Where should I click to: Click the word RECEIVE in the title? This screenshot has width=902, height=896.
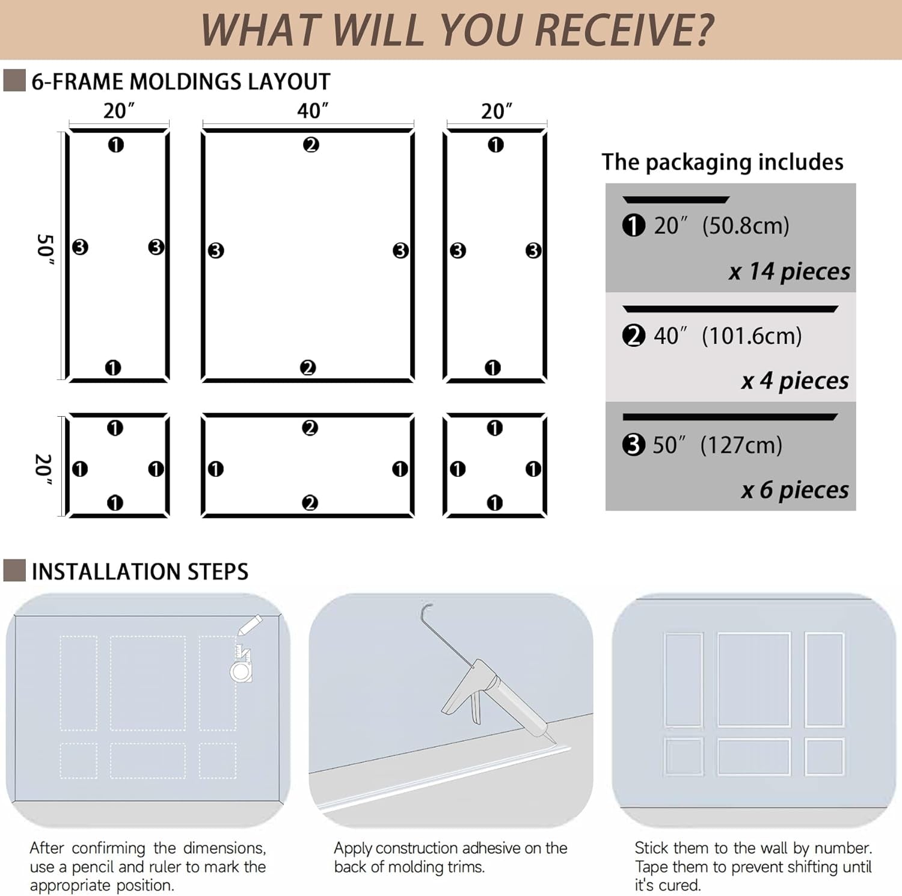(x=624, y=29)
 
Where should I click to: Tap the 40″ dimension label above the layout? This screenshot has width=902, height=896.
(x=313, y=111)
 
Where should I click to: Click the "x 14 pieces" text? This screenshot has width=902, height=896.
(x=790, y=272)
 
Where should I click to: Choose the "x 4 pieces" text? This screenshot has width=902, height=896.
(x=795, y=381)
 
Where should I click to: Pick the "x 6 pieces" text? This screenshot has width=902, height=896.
(x=795, y=490)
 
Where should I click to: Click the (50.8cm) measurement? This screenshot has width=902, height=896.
(x=746, y=226)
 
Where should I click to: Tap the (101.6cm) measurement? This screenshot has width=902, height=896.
(x=752, y=336)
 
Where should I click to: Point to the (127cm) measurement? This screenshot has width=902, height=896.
(x=741, y=445)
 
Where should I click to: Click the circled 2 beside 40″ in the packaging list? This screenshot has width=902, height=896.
(x=634, y=336)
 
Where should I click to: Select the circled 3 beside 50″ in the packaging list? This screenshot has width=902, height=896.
(x=633, y=445)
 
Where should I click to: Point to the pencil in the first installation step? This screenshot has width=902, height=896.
(x=250, y=625)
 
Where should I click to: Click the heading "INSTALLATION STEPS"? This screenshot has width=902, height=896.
(x=140, y=571)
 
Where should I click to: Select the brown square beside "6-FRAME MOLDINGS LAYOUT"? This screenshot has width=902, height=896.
(x=14, y=81)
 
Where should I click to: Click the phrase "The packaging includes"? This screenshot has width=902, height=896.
(x=722, y=162)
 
